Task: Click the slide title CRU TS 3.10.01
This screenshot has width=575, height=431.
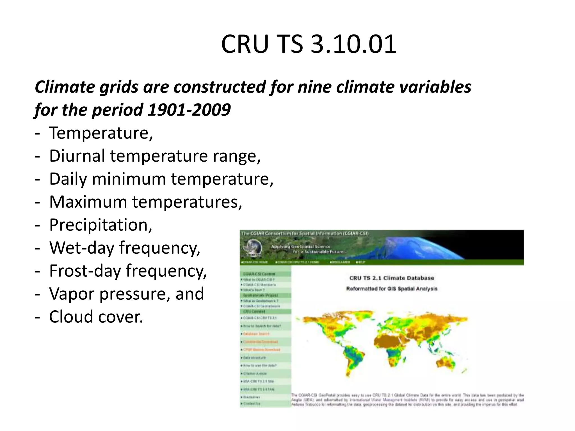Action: click(309, 44)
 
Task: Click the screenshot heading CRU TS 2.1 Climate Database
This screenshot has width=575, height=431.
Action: click(392, 278)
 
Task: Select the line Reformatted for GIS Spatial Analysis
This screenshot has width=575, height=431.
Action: click(392, 289)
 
